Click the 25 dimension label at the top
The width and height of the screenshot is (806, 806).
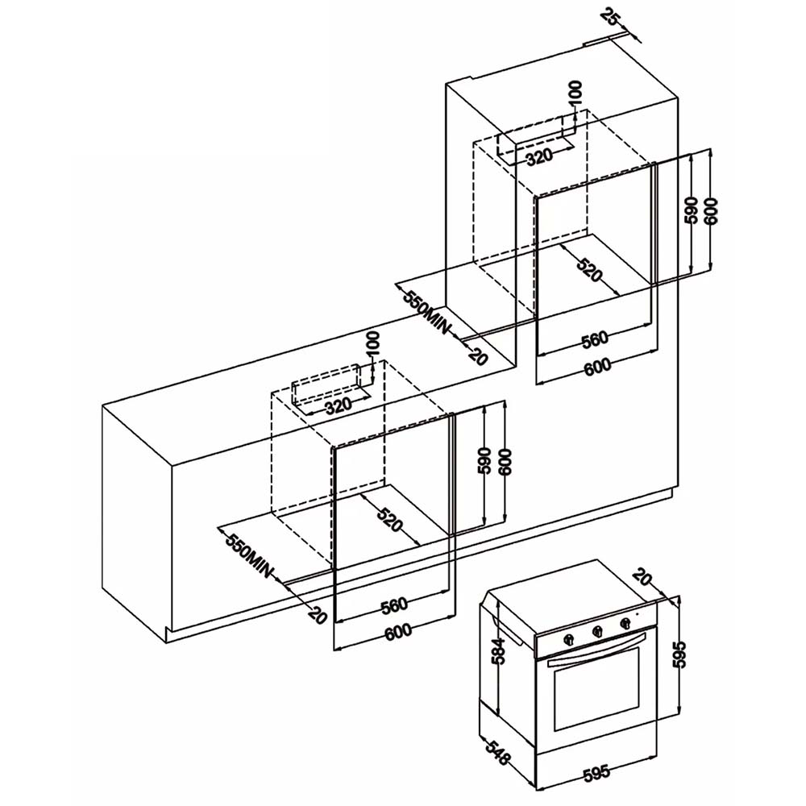(611, 18)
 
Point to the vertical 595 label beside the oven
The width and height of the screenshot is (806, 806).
(679, 654)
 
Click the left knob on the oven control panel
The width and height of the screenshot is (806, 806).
(570, 638)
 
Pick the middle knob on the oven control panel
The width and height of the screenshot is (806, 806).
(597, 631)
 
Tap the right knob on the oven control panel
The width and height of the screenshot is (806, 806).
(625, 624)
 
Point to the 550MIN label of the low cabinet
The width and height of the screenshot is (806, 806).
(249, 555)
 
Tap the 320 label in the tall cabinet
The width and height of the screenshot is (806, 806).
(538, 156)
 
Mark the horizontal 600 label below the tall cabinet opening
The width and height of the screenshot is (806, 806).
(596, 366)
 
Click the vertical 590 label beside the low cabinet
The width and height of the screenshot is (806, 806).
(484, 462)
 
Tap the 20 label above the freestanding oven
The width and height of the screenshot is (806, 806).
(642, 577)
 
